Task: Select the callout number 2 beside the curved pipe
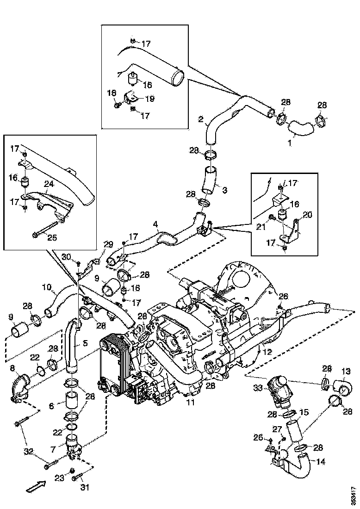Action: [x=201, y=119]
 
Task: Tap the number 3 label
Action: [x=225, y=190]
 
